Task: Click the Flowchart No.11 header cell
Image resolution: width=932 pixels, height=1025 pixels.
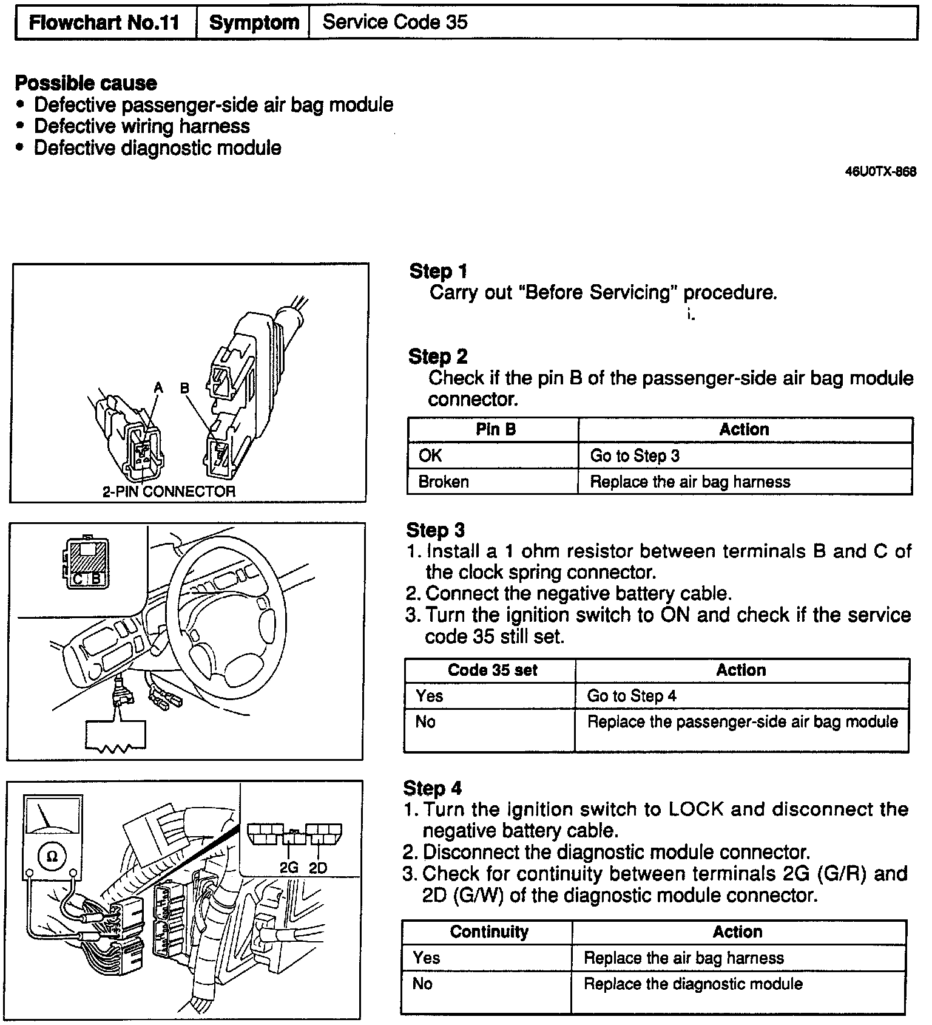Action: click(x=104, y=23)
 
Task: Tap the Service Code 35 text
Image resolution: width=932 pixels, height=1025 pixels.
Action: click(x=395, y=22)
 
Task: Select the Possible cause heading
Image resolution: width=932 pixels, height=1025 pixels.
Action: click(x=86, y=83)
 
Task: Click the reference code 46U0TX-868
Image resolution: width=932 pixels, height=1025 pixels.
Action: click(x=880, y=172)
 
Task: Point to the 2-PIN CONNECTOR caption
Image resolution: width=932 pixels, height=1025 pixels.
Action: click(x=168, y=491)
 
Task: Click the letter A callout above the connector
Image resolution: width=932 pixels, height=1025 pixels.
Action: click(x=158, y=387)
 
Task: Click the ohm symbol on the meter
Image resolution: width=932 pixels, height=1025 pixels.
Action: click(x=52, y=856)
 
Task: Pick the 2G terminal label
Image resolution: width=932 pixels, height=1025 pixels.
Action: click(x=289, y=868)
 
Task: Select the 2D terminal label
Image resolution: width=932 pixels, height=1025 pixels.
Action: click(x=318, y=868)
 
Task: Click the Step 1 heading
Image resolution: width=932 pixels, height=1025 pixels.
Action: click(x=438, y=271)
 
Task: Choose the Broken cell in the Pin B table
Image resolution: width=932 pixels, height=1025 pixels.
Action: click(x=444, y=482)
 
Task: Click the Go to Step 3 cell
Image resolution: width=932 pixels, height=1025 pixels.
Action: click(x=635, y=456)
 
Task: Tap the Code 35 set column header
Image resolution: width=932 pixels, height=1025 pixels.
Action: click(x=492, y=670)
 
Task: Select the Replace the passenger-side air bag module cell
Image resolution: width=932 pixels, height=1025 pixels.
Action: click(x=742, y=722)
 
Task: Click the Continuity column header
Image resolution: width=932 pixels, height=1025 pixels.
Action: click(x=489, y=932)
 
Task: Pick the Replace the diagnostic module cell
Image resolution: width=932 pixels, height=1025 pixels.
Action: click(x=693, y=984)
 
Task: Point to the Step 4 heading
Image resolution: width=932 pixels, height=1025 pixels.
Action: click(x=432, y=788)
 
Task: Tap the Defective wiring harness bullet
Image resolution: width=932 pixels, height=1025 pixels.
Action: click(x=141, y=126)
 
